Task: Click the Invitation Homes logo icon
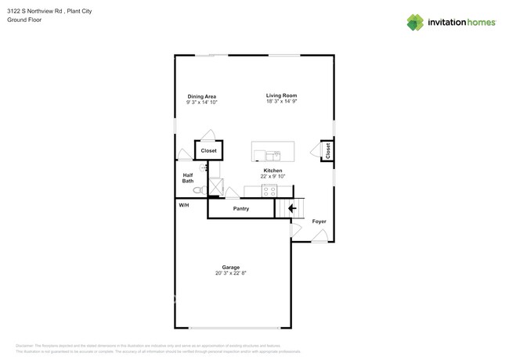(414, 22)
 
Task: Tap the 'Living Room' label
(281, 95)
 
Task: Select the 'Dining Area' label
(201, 96)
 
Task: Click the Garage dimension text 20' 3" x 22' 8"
(230, 273)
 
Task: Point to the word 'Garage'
(230, 267)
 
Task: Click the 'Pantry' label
(240, 209)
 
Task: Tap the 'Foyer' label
(319, 221)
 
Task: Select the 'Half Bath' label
(188, 178)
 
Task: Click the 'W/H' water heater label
(184, 205)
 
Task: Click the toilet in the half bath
(199, 189)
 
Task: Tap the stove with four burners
(269, 190)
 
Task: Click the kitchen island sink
(271, 155)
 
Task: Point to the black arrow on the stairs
(292, 208)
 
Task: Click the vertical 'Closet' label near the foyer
(327, 151)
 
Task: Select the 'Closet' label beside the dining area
(208, 150)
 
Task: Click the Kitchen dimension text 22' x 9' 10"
(273, 176)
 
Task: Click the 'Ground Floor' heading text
(24, 20)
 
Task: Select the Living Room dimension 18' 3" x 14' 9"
(281, 102)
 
